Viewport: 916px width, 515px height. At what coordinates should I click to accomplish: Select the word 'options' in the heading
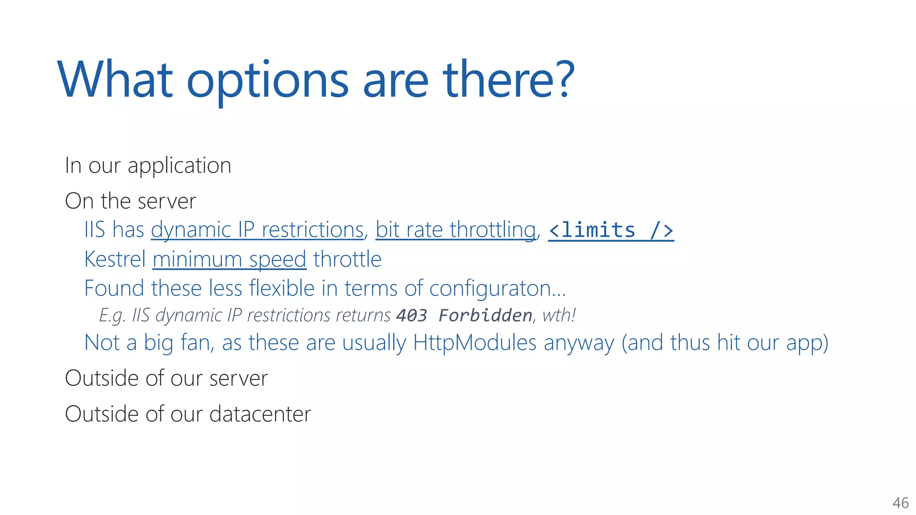point(267,83)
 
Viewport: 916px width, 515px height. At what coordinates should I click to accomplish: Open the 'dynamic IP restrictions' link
point(257,230)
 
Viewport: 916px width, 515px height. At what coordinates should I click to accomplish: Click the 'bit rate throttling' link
point(456,230)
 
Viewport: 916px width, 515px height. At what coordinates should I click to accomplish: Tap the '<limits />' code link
point(611,230)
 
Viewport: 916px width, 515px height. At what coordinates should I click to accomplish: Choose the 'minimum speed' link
point(229,260)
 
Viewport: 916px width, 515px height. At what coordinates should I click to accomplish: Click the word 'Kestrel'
point(115,259)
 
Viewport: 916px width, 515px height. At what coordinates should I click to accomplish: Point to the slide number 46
point(900,503)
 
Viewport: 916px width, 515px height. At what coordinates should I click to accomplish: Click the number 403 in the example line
point(411,316)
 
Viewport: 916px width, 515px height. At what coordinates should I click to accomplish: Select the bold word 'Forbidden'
point(485,316)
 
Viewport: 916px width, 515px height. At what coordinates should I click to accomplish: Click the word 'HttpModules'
point(475,343)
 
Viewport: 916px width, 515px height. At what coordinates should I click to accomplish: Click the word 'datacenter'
point(260,414)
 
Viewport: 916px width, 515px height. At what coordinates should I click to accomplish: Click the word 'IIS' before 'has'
point(94,230)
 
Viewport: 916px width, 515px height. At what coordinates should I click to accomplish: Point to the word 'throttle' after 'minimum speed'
point(348,259)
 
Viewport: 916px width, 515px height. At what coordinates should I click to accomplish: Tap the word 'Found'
point(114,288)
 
